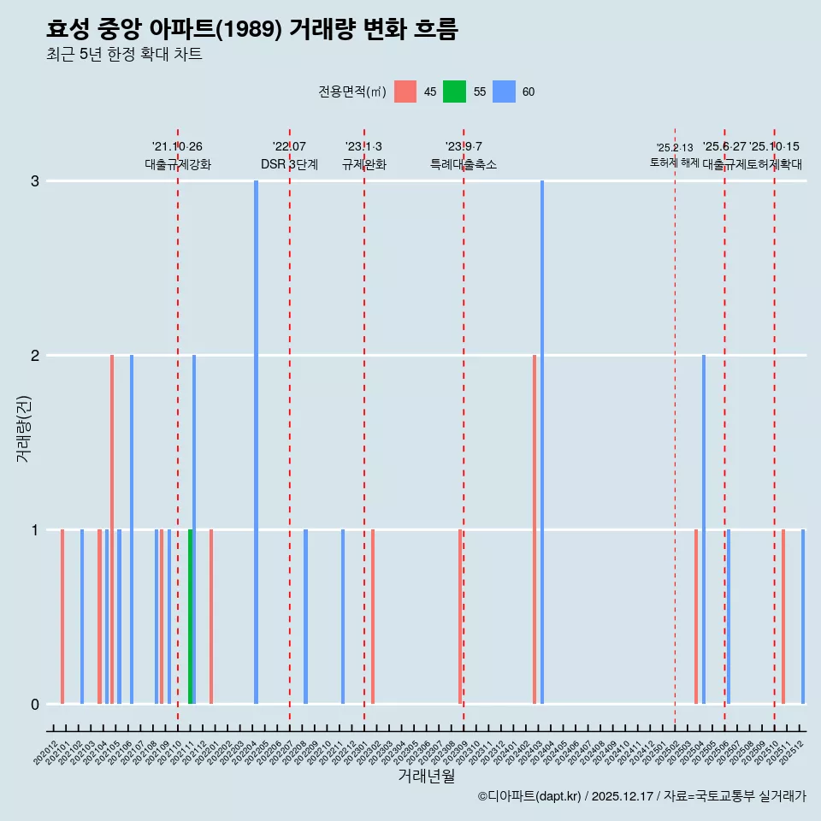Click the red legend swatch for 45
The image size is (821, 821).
[405, 92]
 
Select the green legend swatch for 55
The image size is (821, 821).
[454, 92]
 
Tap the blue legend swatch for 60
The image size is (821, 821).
[504, 92]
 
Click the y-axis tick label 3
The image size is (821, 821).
[35, 181]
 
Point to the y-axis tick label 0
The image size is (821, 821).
[35, 705]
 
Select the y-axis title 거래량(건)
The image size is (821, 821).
[24, 428]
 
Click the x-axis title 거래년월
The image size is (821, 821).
[426, 777]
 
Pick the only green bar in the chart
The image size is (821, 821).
[190, 617]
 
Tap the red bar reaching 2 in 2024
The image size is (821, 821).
[535, 529]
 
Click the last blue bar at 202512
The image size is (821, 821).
[803, 617]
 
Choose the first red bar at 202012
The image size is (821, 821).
[62, 617]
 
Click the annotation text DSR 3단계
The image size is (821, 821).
[289, 165]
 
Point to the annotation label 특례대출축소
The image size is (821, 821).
[463, 165]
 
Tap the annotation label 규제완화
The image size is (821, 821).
[363, 165]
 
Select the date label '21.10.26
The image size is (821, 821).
[177, 147]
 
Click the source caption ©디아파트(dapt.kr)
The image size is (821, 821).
[529, 796]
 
